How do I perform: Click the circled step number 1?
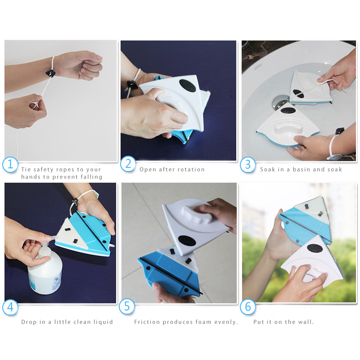point(10,164)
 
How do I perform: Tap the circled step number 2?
point(128,164)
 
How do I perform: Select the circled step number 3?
point(248,165)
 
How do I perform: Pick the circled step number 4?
point(10,307)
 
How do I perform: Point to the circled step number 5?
point(127,307)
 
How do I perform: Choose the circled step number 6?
point(248,307)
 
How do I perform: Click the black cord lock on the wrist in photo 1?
point(50,73)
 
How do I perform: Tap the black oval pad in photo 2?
point(187,85)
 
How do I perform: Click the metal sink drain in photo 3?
point(279,103)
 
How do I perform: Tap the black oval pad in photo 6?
point(315,248)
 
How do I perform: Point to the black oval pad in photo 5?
point(187,242)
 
